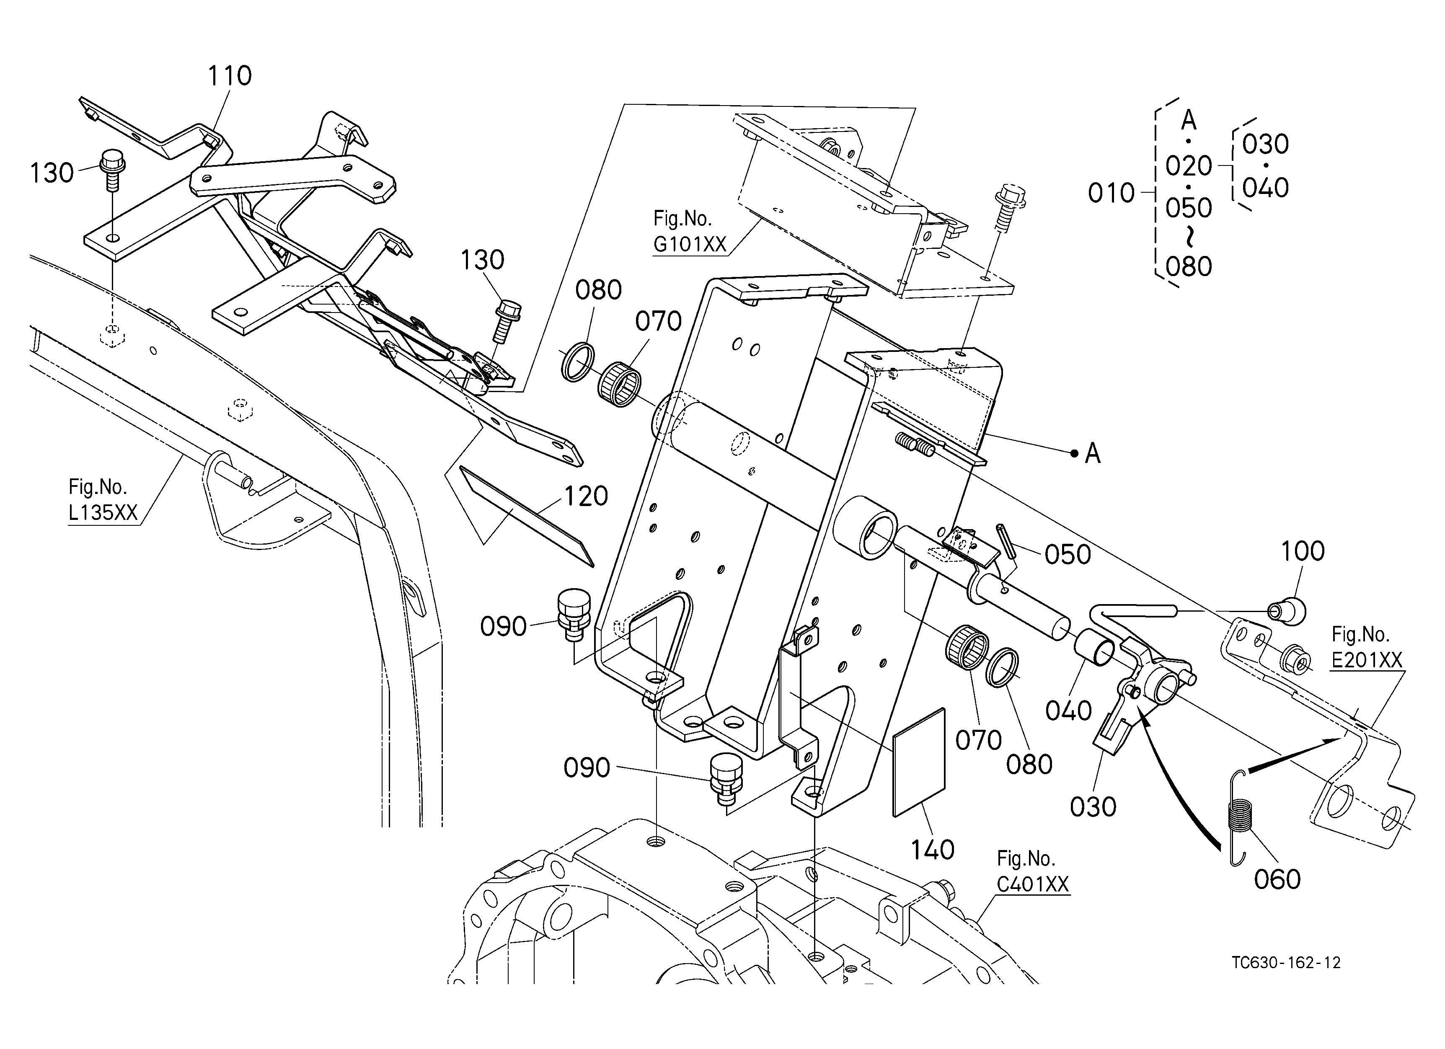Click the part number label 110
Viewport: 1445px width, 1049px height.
[230, 76]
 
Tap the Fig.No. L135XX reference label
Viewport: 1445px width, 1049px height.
[103, 500]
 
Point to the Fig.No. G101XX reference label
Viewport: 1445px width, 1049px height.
[690, 231]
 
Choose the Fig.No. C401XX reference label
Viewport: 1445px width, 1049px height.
[1032, 871]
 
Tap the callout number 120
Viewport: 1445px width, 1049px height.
[586, 496]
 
